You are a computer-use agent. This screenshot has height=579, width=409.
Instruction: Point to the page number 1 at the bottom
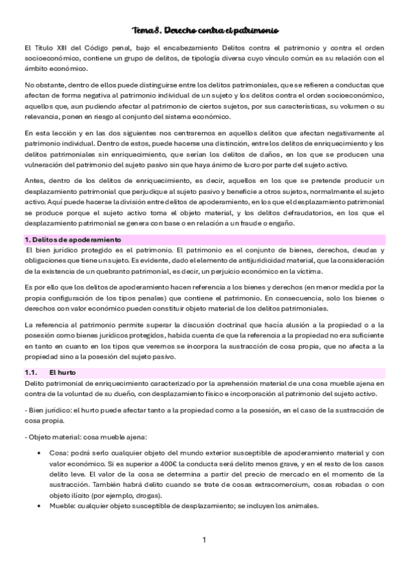(204, 540)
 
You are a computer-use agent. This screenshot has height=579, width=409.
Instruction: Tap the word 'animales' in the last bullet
(302, 506)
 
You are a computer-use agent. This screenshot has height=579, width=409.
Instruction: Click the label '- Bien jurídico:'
(48, 409)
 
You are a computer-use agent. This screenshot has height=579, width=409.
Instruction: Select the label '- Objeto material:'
(54, 436)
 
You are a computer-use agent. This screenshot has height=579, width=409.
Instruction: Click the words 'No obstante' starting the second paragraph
(45, 85)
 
